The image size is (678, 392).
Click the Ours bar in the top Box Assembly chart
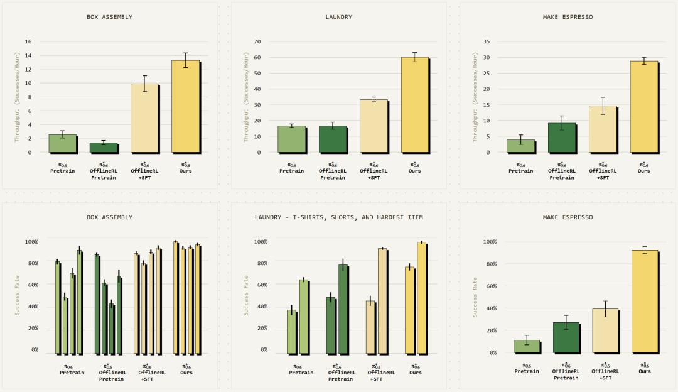[185, 106]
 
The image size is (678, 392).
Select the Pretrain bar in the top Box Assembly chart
[63, 143]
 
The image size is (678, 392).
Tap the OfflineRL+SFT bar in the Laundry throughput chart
[374, 126]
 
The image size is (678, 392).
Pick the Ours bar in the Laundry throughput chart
[414, 104]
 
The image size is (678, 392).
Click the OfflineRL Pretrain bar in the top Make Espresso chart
[561, 138]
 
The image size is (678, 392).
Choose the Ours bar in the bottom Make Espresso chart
[644, 302]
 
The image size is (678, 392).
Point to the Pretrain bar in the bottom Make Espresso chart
[527, 346]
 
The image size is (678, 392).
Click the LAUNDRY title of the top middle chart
[339, 17]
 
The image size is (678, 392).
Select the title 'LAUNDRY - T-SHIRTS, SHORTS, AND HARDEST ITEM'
[339, 217]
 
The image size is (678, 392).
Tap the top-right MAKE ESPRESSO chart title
[568, 17]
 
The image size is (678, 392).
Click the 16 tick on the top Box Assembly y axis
[28, 41]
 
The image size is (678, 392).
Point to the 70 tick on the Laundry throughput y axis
[257, 41]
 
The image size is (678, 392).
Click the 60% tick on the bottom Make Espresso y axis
[488, 286]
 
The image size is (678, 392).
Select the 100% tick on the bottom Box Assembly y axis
[31, 241]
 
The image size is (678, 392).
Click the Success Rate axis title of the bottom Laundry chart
[246, 295]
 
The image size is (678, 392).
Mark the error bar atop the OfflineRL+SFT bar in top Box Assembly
[144, 84]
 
